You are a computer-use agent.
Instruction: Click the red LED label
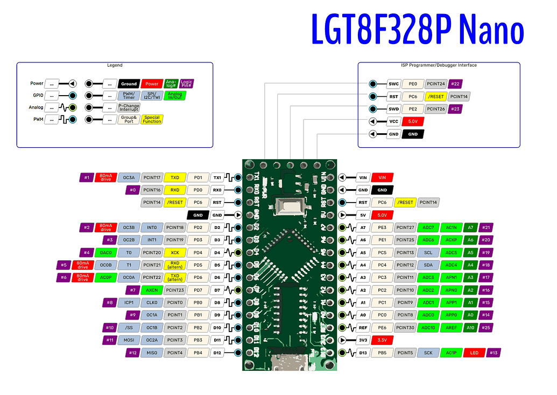pyautogui.click(x=474, y=353)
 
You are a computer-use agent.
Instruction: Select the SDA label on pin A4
pyautogui.click(x=428, y=265)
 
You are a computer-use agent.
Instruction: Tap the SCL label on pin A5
pyautogui.click(x=428, y=253)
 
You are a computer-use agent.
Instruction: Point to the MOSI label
pyautogui.click(x=128, y=340)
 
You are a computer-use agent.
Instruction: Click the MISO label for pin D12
pyautogui.click(x=152, y=353)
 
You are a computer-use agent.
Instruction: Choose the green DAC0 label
pyautogui.click(x=105, y=253)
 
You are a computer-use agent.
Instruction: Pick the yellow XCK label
pyautogui.click(x=175, y=253)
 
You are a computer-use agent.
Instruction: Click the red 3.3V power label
pyautogui.click(x=382, y=340)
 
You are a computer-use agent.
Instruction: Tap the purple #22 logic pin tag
pyautogui.click(x=455, y=84)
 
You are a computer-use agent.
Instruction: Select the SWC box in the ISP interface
pyautogui.click(x=393, y=84)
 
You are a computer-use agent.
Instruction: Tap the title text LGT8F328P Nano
pyautogui.click(x=417, y=30)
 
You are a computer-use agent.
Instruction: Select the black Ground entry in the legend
pyautogui.click(x=129, y=84)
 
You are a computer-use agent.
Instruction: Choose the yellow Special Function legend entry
pyautogui.click(x=152, y=119)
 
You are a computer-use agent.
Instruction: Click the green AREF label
pyautogui.click(x=451, y=327)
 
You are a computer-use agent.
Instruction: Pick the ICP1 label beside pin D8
pyautogui.click(x=128, y=303)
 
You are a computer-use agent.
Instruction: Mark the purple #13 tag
pyautogui.click(x=493, y=353)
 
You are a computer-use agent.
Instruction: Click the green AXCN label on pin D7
pyautogui.click(x=152, y=290)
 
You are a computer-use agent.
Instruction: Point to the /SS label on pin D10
pyautogui.click(x=128, y=327)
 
